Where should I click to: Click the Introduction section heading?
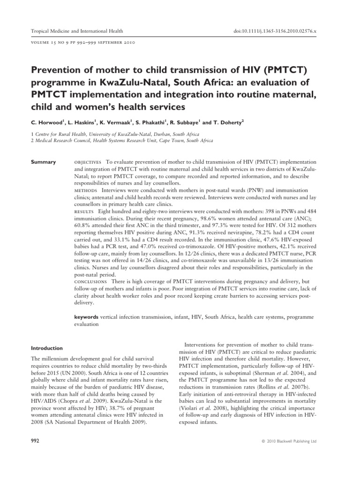47,348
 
